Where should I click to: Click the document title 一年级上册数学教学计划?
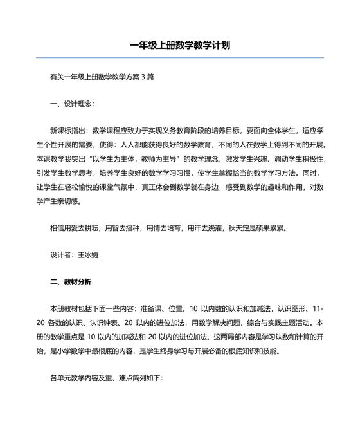[179, 45]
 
